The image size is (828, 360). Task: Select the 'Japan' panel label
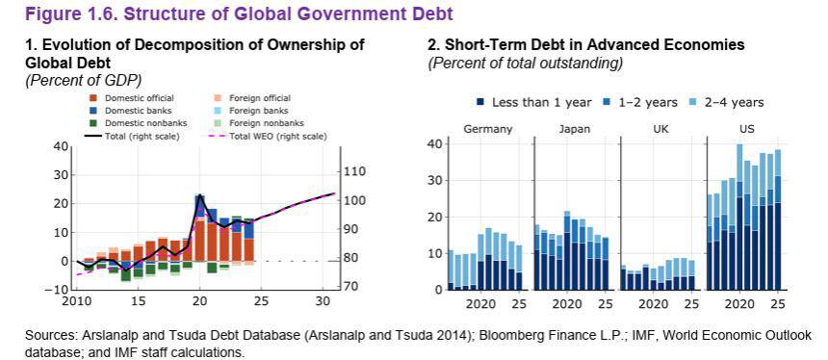pyautogui.click(x=575, y=129)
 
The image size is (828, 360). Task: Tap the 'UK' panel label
pyautogui.click(x=661, y=129)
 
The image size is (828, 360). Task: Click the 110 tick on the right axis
pyautogui.click(x=355, y=171)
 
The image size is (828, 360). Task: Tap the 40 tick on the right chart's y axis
pyautogui.click(x=432, y=143)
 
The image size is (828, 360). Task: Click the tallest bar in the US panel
pyautogui.click(x=739, y=217)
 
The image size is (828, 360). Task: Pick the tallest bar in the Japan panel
pyautogui.click(x=567, y=250)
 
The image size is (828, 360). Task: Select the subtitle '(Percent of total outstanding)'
pyautogui.click(x=525, y=63)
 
